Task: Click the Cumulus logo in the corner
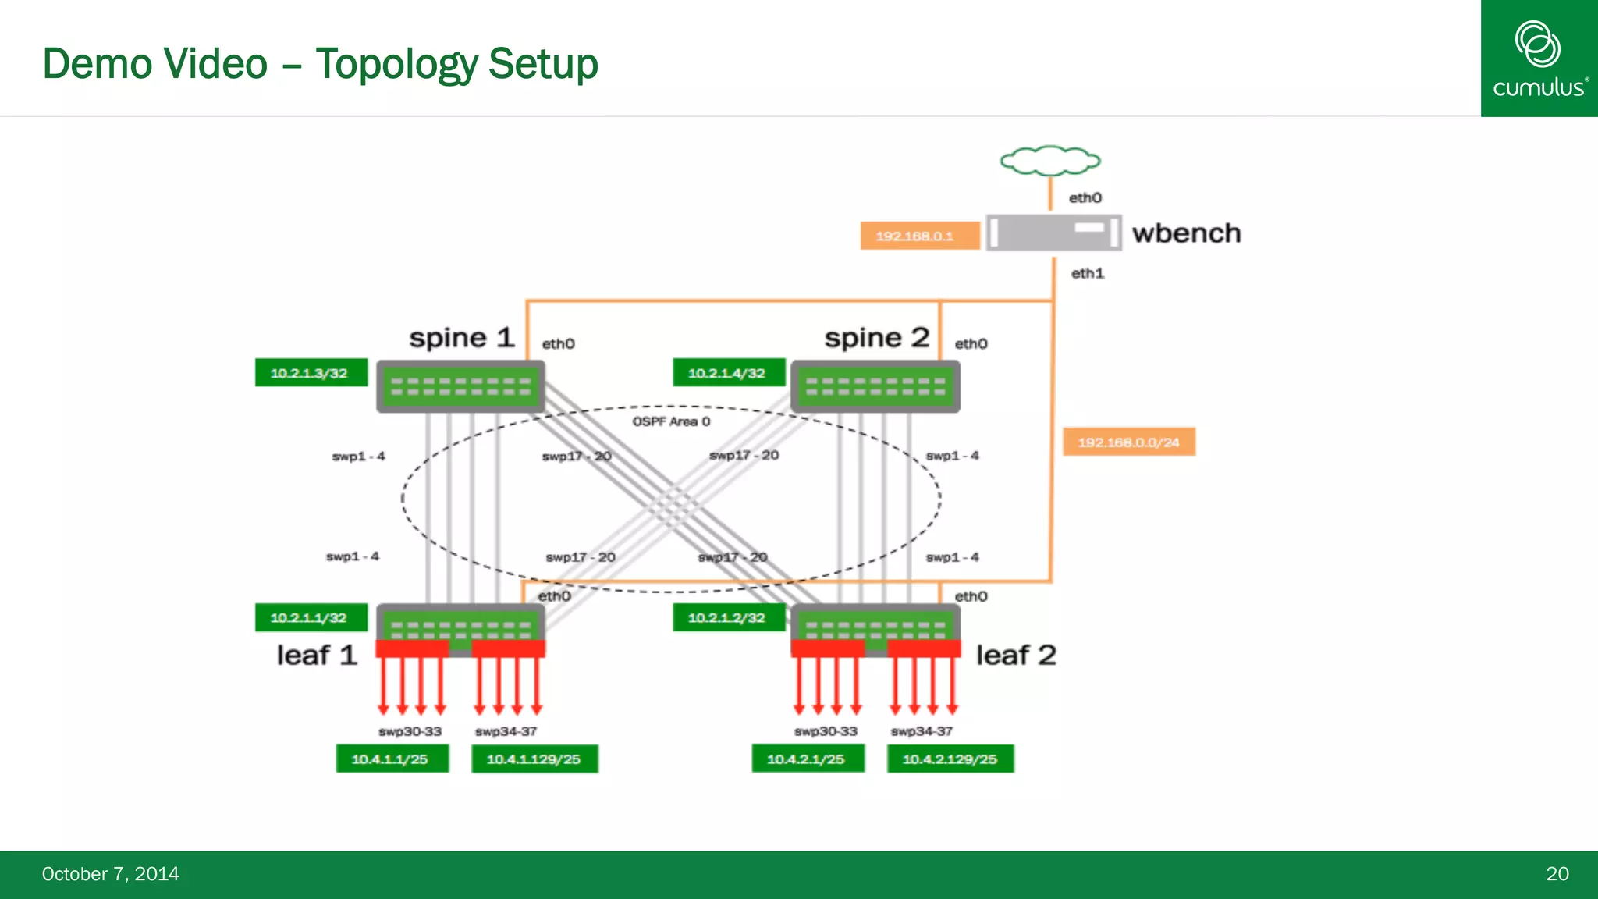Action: pyautogui.click(x=1539, y=59)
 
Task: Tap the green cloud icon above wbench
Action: pyautogui.click(x=1050, y=161)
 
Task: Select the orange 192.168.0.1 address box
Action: pyautogui.click(x=919, y=236)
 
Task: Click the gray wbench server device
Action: pyautogui.click(x=1053, y=233)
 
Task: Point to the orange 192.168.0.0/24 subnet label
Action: pyautogui.click(x=1128, y=442)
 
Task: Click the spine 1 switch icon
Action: pyautogui.click(x=460, y=386)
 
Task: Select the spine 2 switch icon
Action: pyautogui.click(x=875, y=386)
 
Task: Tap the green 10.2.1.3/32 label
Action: pyautogui.click(x=310, y=373)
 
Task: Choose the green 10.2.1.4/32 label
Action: pyautogui.click(x=727, y=373)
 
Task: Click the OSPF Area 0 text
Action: pyautogui.click(x=671, y=421)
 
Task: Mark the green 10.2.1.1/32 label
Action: pyautogui.click(x=310, y=617)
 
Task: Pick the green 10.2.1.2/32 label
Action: pyautogui.click(x=727, y=617)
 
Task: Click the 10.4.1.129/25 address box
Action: pyautogui.click(x=534, y=759)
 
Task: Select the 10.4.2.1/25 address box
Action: pyautogui.click(x=807, y=759)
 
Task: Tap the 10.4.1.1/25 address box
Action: pyautogui.click(x=391, y=759)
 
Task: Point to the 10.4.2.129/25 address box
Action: pyautogui.click(x=950, y=759)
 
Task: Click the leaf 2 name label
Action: pyautogui.click(x=1016, y=655)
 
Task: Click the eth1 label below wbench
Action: pyautogui.click(x=1087, y=273)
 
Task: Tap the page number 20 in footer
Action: pyautogui.click(x=1557, y=874)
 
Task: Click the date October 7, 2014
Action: pyautogui.click(x=110, y=874)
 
